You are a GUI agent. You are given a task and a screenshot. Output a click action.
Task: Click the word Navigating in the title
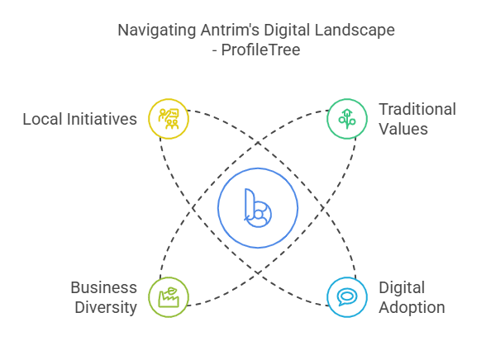tap(156, 31)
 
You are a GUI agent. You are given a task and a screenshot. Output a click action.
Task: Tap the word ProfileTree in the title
tap(260, 50)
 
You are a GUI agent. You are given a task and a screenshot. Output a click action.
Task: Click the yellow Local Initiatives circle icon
tap(169, 119)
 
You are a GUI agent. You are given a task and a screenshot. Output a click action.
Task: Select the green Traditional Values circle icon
tap(347, 119)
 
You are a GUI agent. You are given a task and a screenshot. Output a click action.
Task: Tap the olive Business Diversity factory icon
tap(169, 297)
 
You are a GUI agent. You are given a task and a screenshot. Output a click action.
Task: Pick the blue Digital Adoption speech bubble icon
tap(347, 297)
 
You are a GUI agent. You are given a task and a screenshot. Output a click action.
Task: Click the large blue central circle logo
tap(258, 208)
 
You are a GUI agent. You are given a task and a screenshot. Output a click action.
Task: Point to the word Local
tap(42, 119)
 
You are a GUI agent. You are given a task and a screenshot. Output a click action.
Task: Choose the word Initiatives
tap(102, 119)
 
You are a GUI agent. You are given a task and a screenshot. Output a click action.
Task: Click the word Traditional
tap(417, 109)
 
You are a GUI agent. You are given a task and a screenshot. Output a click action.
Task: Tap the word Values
tap(403, 129)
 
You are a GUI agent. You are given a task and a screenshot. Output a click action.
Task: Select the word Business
tap(104, 287)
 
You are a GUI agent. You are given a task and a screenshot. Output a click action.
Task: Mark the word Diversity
tap(106, 307)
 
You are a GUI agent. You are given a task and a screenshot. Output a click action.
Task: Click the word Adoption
tap(412, 307)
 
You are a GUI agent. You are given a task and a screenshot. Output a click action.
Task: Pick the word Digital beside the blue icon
tap(402, 288)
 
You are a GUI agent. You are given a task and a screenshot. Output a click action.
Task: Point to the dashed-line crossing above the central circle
tap(258, 143)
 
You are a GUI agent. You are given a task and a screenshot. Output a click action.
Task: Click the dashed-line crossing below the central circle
tap(258, 273)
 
